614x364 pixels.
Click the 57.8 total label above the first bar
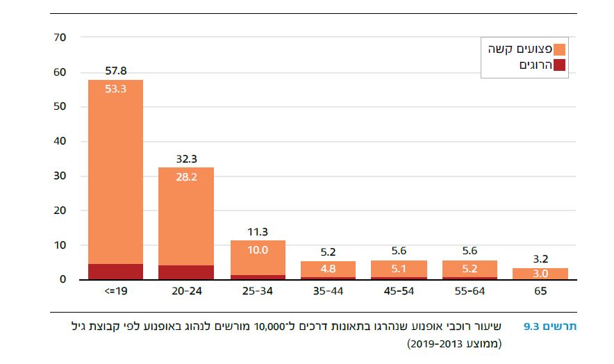click(x=115, y=71)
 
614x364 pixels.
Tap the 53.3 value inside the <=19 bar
click(x=115, y=88)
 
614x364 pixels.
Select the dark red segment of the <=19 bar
click(x=115, y=272)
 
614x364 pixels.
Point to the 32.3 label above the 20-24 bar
click(x=187, y=158)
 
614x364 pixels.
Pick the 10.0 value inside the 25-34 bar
click(x=258, y=250)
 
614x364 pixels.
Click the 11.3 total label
click(x=258, y=232)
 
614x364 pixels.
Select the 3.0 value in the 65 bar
click(x=540, y=274)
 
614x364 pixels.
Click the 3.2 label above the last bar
click(x=540, y=259)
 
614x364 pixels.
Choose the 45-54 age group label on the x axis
click(x=400, y=292)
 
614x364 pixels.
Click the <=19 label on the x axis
click(x=115, y=292)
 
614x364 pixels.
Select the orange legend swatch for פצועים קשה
click(x=560, y=50)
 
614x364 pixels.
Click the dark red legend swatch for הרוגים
click(x=560, y=65)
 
